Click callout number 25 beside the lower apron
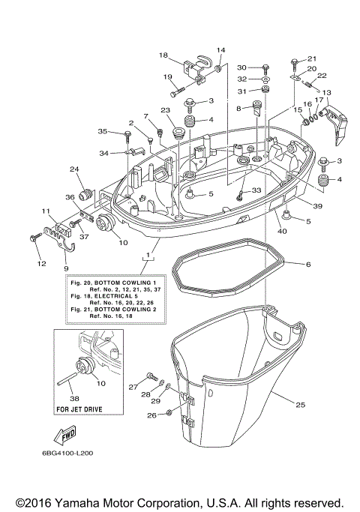click(x=300, y=406)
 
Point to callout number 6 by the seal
click(x=307, y=264)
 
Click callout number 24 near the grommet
click(x=74, y=169)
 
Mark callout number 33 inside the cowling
click(x=256, y=190)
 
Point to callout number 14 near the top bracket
click(x=220, y=50)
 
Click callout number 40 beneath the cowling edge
click(x=282, y=231)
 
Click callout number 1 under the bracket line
click(x=148, y=256)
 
